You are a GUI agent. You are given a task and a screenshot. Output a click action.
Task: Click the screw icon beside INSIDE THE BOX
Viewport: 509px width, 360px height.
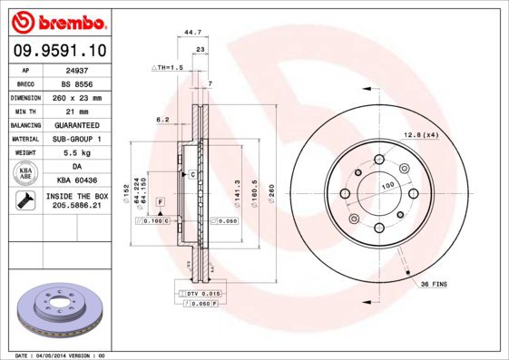pos(25,201)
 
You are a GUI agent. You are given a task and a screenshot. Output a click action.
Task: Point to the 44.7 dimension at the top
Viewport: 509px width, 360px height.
pos(192,32)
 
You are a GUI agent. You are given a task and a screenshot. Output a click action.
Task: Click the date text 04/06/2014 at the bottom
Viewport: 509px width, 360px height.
pos(64,355)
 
